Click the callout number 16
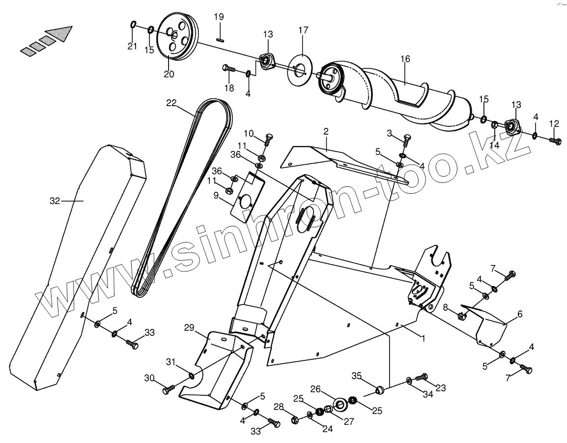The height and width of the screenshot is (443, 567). [x=405, y=59]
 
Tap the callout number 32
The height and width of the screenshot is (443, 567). [x=55, y=200]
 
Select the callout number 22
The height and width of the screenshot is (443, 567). [x=171, y=103]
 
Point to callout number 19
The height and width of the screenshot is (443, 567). [x=219, y=17]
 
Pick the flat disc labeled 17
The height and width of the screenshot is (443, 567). [x=298, y=68]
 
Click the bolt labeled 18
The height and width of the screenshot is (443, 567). [x=229, y=69]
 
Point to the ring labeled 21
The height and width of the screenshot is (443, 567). [x=134, y=25]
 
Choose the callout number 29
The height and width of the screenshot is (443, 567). [x=190, y=327]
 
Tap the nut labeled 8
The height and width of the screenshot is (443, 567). [x=461, y=316]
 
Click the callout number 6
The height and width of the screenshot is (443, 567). [x=519, y=314]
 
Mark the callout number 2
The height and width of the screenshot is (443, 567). [x=326, y=131]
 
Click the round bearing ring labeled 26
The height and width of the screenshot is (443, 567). [x=340, y=404]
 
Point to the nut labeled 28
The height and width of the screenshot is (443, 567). [x=295, y=420]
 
